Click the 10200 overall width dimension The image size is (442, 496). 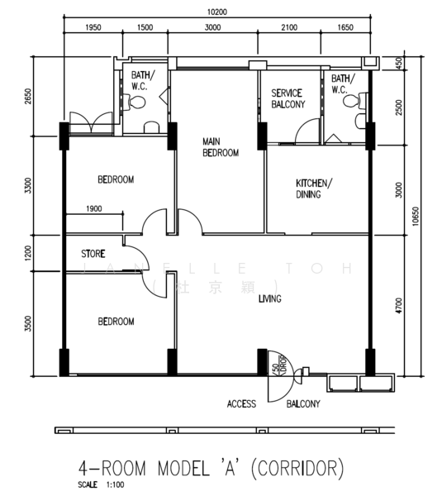tap(217, 12)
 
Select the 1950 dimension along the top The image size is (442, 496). tap(93, 27)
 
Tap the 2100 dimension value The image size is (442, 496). tap(288, 27)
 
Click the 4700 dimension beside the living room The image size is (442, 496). tap(398, 305)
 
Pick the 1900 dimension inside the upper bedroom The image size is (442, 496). tap(93, 209)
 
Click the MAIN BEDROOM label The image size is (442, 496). tap(221, 147)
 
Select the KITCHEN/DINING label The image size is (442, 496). tap(314, 188)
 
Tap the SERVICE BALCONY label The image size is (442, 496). tap(288, 98)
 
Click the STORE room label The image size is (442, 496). tap(93, 254)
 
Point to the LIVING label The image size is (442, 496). tap(269, 299)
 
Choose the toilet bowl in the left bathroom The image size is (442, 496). tap(137, 103)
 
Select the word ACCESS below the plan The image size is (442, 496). tap(241, 404)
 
